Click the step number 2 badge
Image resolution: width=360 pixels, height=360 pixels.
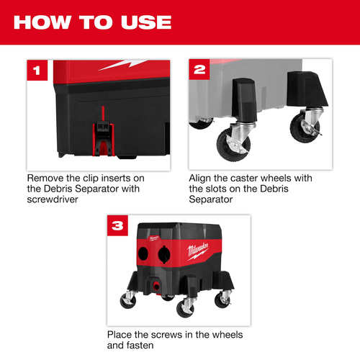click(x=198, y=71)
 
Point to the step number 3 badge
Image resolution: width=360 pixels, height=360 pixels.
click(x=117, y=225)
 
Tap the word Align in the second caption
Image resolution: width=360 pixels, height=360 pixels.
click(x=202, y=177)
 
